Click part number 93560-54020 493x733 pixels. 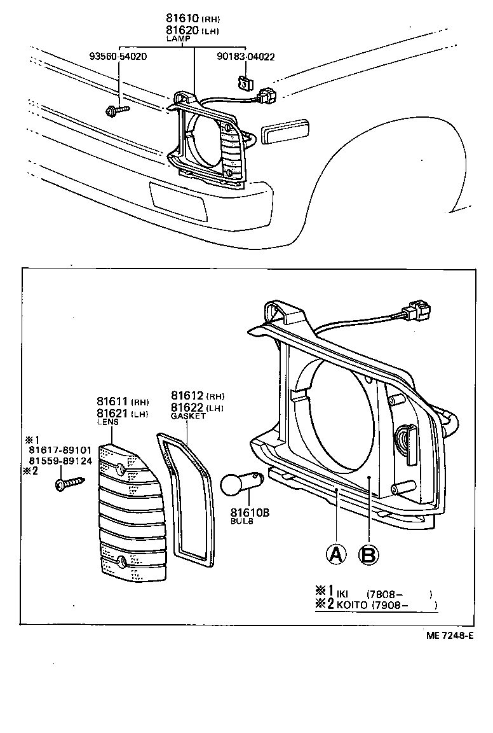point(118,57)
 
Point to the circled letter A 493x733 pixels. point(337,554)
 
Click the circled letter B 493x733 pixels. point(368,554)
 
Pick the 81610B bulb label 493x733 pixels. point(249,512)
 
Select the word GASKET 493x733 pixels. point(188,415)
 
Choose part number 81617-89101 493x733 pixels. point(60,450)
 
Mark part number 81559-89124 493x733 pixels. point(60,461)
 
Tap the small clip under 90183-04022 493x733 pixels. point(243,82)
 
